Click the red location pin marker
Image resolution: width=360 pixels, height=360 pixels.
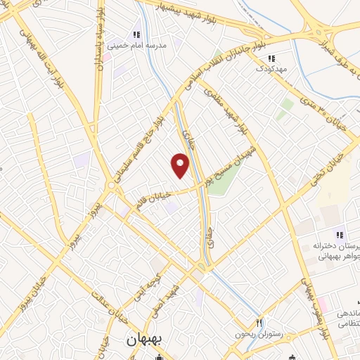coord(181,165)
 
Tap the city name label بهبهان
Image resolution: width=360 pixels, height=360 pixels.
coord(145,339)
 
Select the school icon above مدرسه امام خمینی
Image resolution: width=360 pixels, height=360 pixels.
coord(137,34)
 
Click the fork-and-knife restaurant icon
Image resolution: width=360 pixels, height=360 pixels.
coord(259,322)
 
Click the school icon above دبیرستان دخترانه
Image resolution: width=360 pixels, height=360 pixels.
coord(339,234)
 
